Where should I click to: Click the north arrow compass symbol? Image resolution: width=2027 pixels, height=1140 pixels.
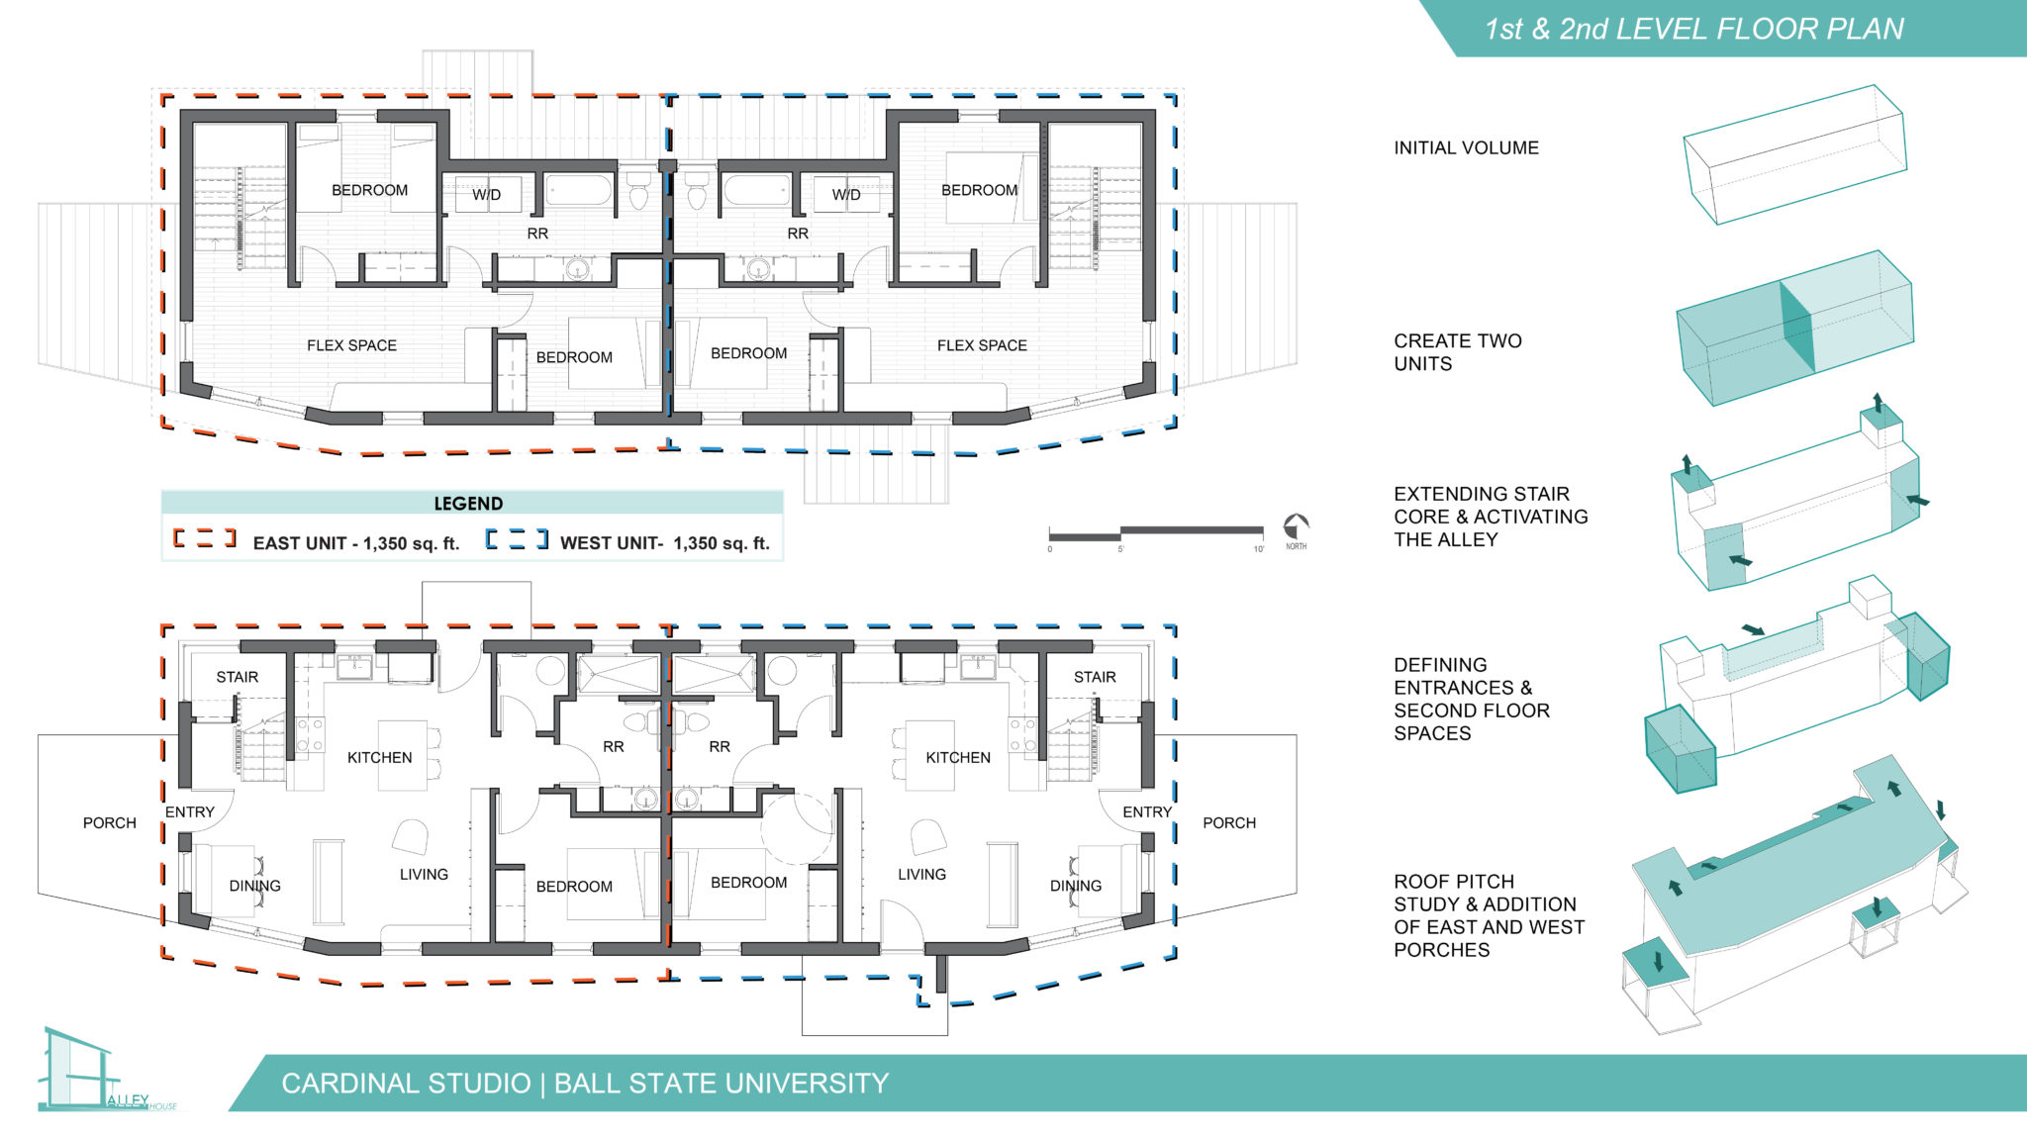(x=1296, y=526)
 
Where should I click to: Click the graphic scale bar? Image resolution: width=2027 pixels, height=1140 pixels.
(x=1156, y=533)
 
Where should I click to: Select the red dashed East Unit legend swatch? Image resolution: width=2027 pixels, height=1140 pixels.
(x=205, y=538)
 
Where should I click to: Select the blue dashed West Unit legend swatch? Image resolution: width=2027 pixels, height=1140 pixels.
(x=516, y=539)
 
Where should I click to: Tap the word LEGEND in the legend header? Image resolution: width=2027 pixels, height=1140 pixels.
(x=468, y=503)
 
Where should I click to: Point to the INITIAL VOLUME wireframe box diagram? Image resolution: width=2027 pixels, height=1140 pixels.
(x=1794, y=154)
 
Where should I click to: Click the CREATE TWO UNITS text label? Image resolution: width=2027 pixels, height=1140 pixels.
(x=1457, y=352)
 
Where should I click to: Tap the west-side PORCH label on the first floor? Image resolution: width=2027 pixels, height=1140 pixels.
(x=110, y=822)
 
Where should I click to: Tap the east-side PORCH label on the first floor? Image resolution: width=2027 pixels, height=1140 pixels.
(x=1228, y=822)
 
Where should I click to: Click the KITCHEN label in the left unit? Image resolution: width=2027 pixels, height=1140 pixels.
(x=379, y=757)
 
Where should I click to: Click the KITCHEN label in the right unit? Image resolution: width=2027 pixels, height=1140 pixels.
(x=957, y=757)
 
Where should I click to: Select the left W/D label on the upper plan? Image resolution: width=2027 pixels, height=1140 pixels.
(x=486, y=194)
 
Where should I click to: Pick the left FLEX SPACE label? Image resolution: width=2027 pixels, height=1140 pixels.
(x=351, y=345)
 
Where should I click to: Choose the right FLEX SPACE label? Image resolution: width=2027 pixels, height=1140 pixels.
(x=982, y=345)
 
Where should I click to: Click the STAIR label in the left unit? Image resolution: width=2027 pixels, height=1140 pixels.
(x=238, y=677)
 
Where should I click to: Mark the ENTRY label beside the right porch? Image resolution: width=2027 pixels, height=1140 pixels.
(x=1146, y=811)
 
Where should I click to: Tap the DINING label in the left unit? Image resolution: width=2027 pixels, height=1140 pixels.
(x=254, y=886)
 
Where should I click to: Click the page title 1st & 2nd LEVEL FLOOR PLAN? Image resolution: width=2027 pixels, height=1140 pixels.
(x=1693, y=29)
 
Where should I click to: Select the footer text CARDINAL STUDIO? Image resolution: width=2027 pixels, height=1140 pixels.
(x=406, y=1084)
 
